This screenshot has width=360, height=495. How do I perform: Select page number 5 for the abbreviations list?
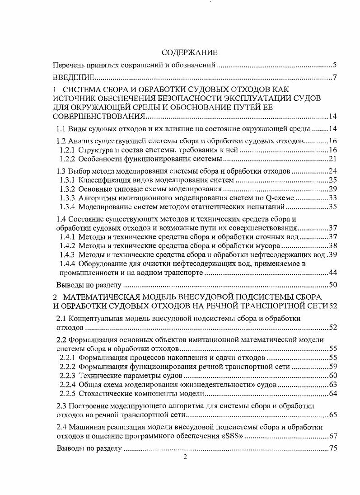pyautogui.click(x=335, y=65)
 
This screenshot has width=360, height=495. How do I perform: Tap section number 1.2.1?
pyautogui.click(x=68, y=150)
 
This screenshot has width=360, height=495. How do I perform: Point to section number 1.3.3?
pyautogui.click(x=68, y=198)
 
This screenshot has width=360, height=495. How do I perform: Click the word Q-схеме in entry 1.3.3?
pyautogui.click(x=281, y=198)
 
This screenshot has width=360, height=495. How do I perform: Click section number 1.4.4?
pyautogui.click(x=68, y=264)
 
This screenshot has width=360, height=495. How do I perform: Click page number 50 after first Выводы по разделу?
pyautogui.click(x=333, y=285)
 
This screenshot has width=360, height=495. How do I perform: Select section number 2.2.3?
pyautogui.click(x=68, y=376)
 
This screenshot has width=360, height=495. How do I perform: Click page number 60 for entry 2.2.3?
pyautogui.click(x=333, y=376)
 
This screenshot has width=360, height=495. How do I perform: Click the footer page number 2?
pyautogui.click(x=185, y=457)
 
